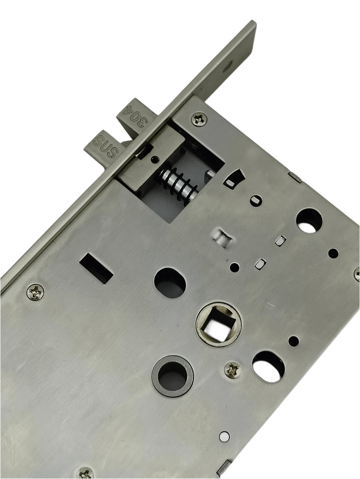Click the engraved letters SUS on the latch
point(106,146)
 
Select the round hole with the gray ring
point(173,373)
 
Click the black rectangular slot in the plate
point(96,268)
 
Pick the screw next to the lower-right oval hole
point(233,369)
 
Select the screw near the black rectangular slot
point(35,292)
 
